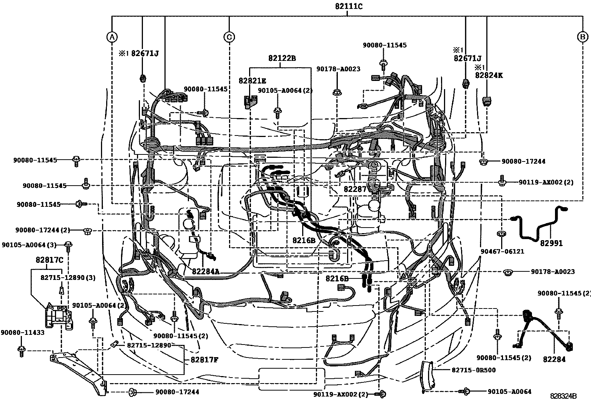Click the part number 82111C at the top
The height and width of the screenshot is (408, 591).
click(349, 6)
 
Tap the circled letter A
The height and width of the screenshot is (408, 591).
click(112, 37)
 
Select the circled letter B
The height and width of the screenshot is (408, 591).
click(582, 37)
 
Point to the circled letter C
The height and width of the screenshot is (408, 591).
click(229, 37)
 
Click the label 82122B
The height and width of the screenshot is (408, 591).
click(282, 58)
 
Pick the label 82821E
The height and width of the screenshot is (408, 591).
click(252, 81)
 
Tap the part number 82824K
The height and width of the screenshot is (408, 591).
click(489, 75)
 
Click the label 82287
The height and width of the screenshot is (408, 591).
click(355, 189)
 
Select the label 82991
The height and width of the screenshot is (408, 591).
click(551, 243)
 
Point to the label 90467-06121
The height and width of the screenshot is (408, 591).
click(502, 251)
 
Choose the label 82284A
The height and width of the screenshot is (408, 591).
click(206, 271)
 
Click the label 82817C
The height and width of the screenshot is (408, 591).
click(50, 260)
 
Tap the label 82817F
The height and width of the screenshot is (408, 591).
click(205, 360)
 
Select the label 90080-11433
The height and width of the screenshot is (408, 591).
click(23, 333)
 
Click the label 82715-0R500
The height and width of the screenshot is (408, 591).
click(474, 370)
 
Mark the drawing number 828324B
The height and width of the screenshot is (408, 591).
click(563, 396)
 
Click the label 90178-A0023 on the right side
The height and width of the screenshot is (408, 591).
click(553, 271)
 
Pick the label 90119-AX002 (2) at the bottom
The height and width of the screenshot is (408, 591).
click(340, 394)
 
